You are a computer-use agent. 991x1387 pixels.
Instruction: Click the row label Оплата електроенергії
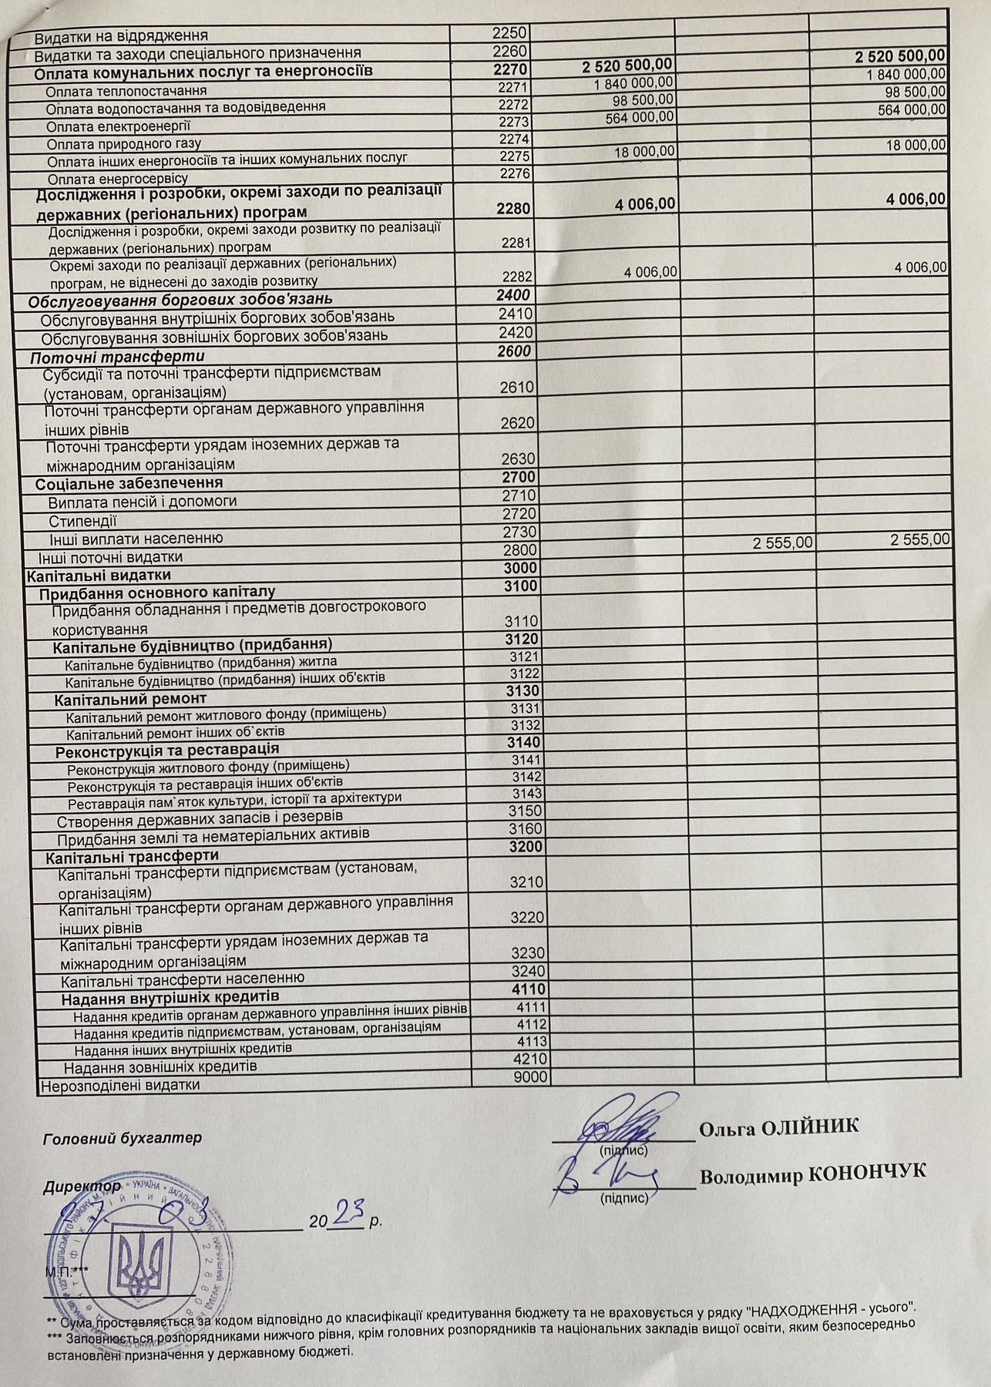119,126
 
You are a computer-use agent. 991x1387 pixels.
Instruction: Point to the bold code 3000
522,569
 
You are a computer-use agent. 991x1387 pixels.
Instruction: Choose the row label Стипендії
82,521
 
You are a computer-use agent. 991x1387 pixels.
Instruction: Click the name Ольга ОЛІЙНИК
778,1127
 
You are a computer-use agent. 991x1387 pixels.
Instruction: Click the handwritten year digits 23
344,1215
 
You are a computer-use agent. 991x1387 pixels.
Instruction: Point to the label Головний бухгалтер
123,1138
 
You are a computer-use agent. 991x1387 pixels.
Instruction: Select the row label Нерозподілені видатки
120,1085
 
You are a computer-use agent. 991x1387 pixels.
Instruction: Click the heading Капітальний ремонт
130,699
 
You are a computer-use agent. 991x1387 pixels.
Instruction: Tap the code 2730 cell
519,532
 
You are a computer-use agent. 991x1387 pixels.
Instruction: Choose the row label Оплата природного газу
123,143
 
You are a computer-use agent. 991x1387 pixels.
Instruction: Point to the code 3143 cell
527,794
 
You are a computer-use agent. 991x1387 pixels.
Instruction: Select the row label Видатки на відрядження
121,35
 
